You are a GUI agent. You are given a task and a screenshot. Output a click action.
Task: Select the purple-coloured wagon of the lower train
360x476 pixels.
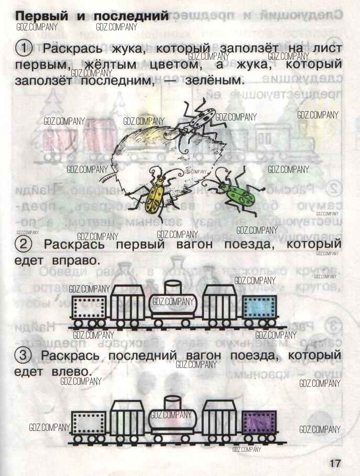[260, 422]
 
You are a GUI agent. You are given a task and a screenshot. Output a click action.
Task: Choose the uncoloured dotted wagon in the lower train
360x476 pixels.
[89, 423]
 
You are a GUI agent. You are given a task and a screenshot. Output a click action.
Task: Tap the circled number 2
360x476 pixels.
[24, 244]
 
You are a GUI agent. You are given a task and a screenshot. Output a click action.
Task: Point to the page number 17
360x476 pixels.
[335, 463]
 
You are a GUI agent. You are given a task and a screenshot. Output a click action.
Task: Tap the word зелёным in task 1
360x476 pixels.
[215, 82]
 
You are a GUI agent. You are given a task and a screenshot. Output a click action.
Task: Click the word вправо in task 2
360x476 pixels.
[73, 260]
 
